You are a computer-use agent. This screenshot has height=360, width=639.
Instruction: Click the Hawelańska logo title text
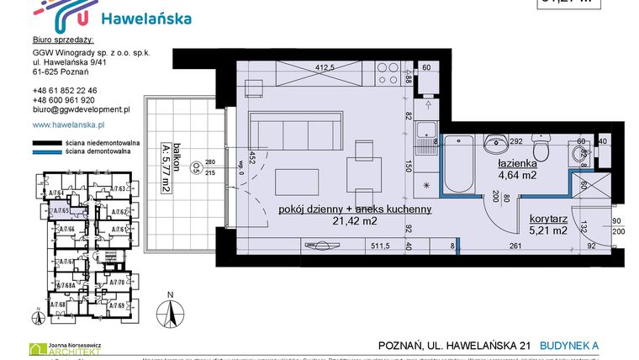click(145, 19)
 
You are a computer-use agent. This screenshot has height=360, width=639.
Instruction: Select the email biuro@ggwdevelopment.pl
click(81, 109)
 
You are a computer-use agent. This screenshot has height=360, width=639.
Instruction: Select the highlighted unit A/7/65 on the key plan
click(60, 212)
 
